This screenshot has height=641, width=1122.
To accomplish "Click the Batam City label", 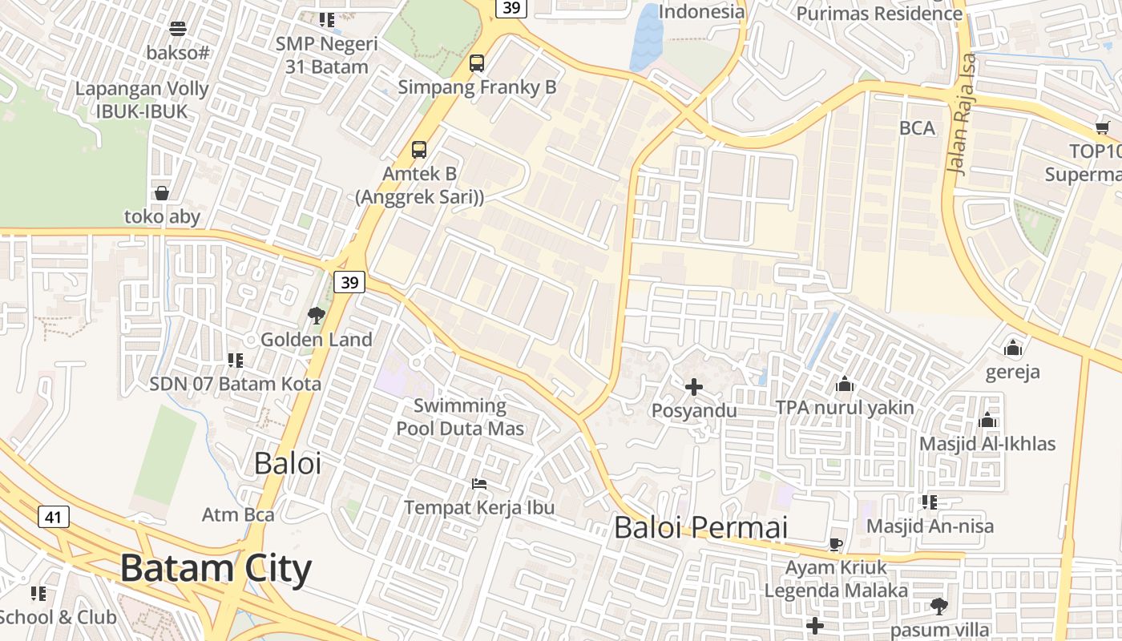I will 216,568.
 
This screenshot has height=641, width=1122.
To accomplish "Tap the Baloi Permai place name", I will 700,527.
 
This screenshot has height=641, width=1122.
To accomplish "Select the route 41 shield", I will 54,517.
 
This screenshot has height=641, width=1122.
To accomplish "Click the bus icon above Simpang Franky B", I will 477,62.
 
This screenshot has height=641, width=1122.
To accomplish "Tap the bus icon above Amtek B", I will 419,149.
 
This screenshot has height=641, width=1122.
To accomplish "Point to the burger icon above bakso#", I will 178,29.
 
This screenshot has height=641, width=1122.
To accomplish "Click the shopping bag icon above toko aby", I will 162,193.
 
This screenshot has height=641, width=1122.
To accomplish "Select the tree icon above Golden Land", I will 317,315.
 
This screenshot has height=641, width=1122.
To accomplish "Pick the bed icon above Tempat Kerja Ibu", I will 479,483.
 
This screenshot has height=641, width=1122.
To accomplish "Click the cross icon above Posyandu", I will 694,387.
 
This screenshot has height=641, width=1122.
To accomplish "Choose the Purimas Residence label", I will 879,14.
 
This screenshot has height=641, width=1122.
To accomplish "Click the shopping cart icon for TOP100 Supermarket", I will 1103,128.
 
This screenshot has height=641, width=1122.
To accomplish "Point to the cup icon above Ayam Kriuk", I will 836,545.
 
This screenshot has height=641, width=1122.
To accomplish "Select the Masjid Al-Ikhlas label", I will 987,443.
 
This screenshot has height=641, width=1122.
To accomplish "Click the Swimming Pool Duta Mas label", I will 460,417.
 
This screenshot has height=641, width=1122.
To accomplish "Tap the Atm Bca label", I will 238,514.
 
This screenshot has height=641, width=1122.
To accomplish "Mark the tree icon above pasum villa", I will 938,606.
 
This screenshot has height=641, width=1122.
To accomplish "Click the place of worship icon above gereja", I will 1013,348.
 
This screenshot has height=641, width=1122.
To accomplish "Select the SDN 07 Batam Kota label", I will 236,384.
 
